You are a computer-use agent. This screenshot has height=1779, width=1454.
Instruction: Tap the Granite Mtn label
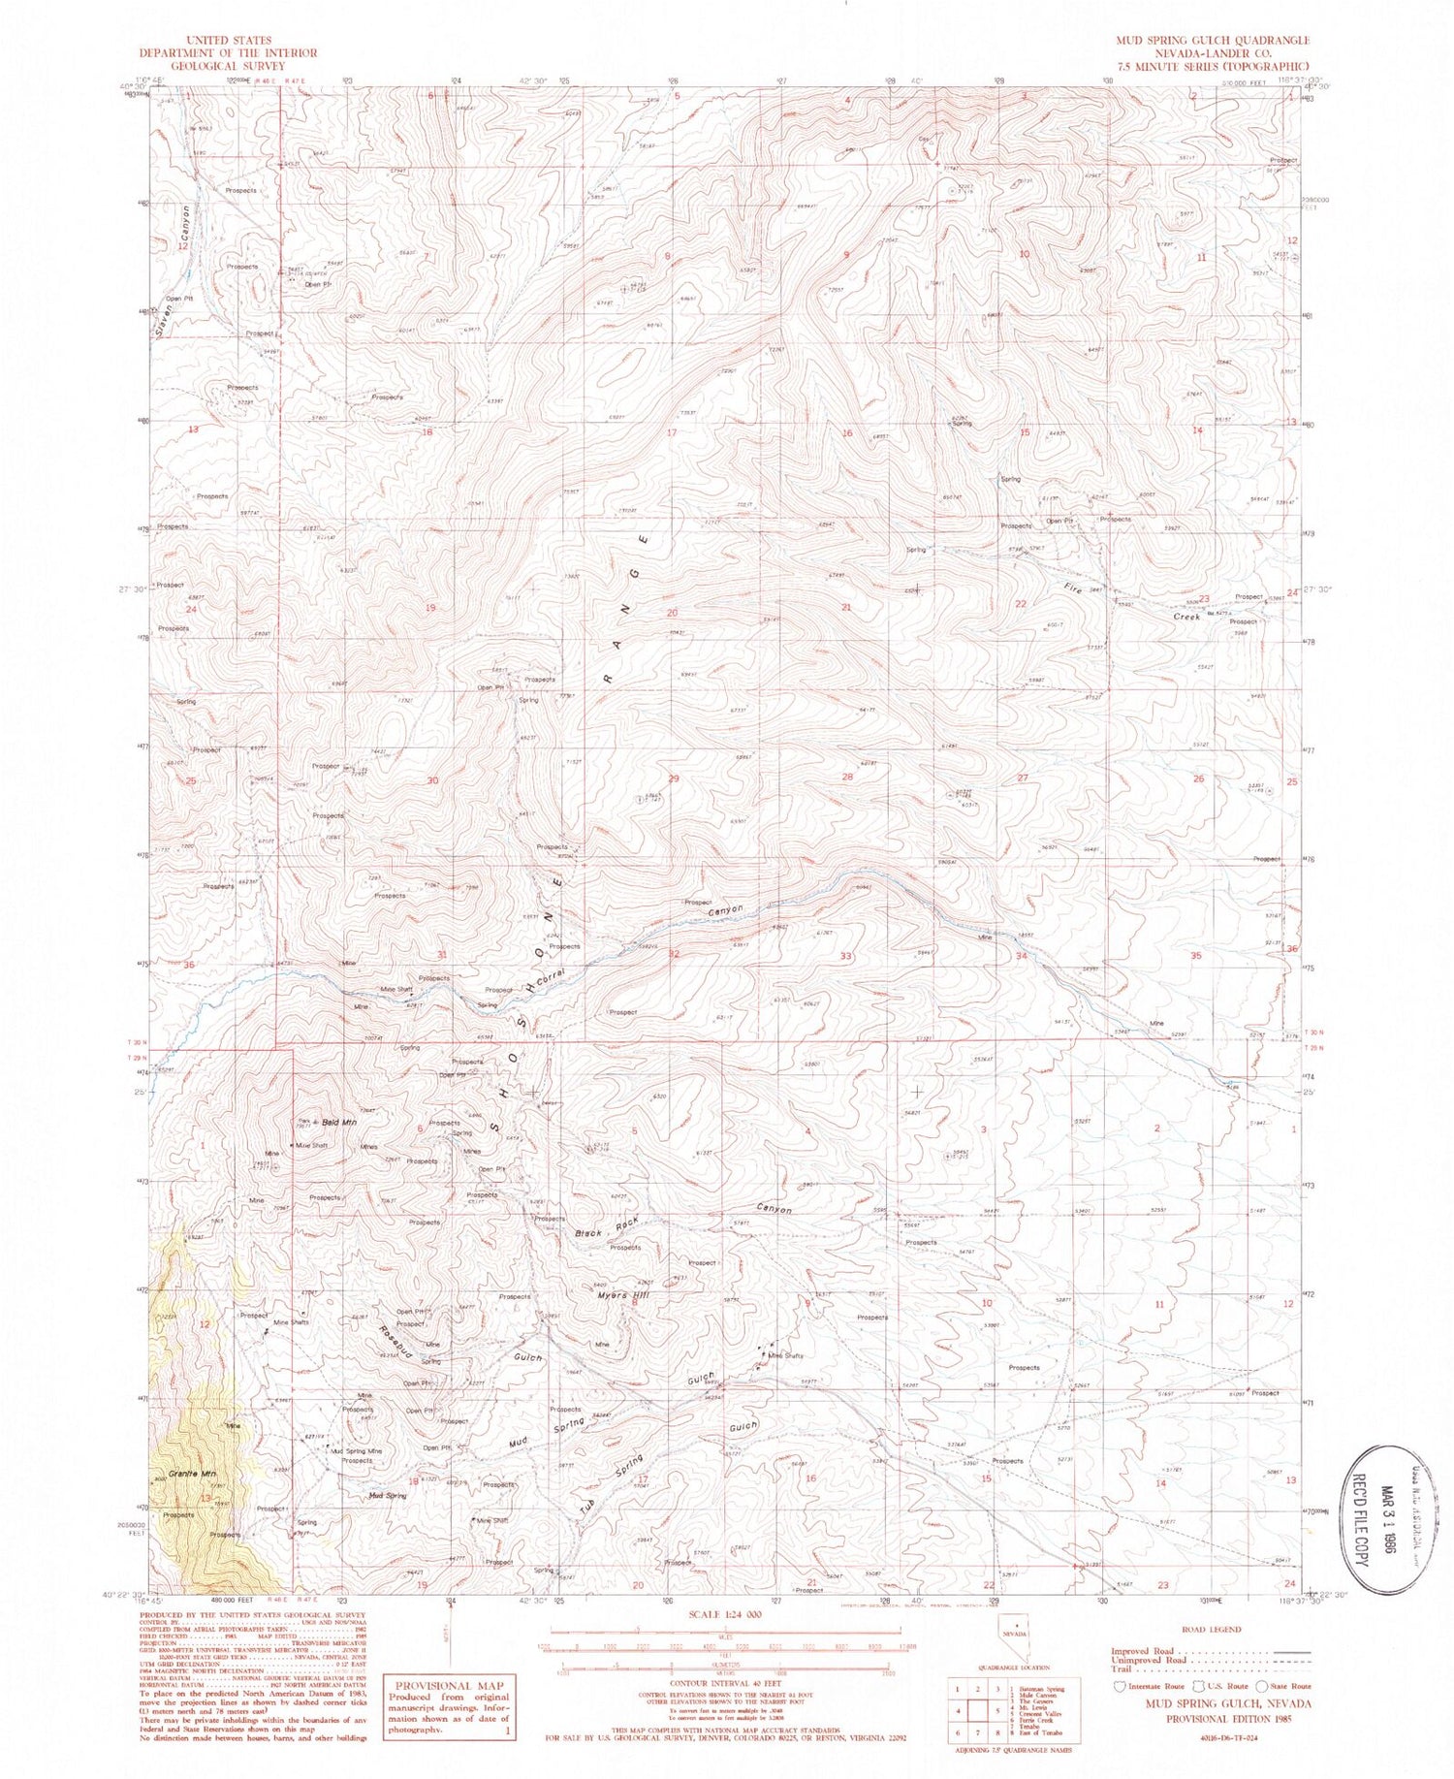[189, 1474]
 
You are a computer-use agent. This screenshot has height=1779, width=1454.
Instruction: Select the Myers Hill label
[620, 1295]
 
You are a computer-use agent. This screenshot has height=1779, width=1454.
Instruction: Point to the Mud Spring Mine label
[358, 1451]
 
